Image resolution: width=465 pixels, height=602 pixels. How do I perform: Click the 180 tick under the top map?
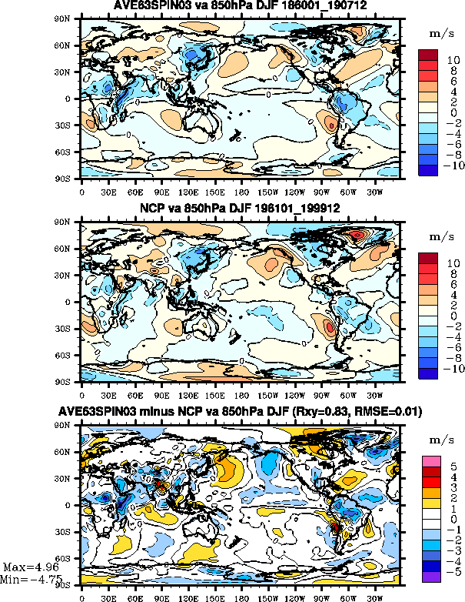pos(241,186)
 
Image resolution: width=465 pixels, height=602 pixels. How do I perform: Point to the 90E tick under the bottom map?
pos(161,595)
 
